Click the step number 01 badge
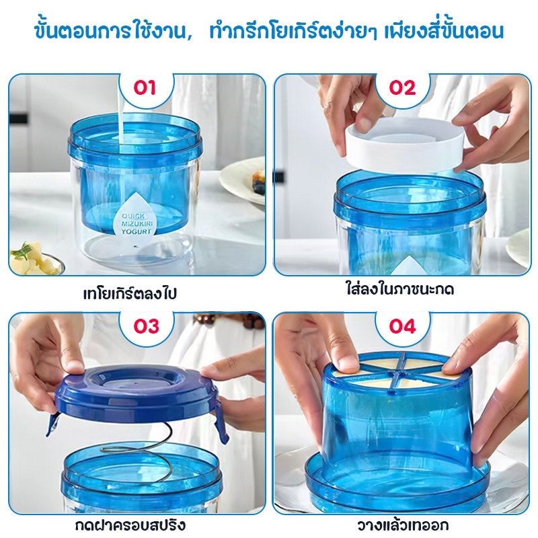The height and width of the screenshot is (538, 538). [x=145, y=88]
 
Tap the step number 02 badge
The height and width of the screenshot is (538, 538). [x=402, y=88]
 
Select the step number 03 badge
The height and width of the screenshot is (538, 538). [x=146, y=326]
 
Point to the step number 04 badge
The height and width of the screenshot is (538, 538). [x=402, y=326]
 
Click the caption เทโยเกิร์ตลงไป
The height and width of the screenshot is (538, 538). [x=130, y=293]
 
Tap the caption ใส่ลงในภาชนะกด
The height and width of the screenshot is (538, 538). [x=399, y=289]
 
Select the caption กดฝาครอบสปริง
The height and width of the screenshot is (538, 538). [x=130, y=524]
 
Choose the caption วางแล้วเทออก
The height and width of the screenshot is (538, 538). [x=402, y=525]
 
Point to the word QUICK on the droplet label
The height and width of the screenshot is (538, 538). [x=133, y=216]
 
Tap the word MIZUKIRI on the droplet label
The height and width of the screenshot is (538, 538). [x=137, y=224]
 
